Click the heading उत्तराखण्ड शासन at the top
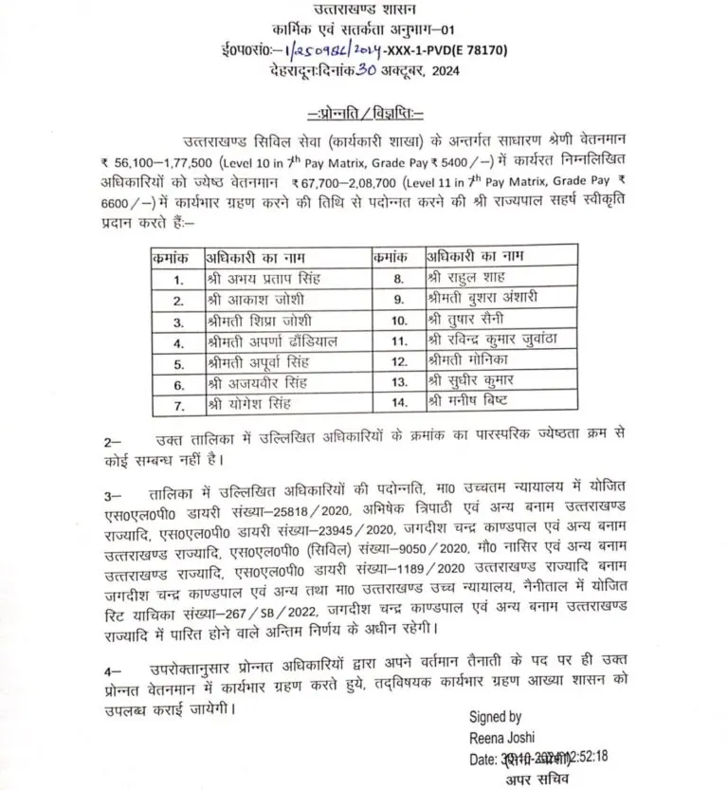pyautogui.click(x=364, y=9)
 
